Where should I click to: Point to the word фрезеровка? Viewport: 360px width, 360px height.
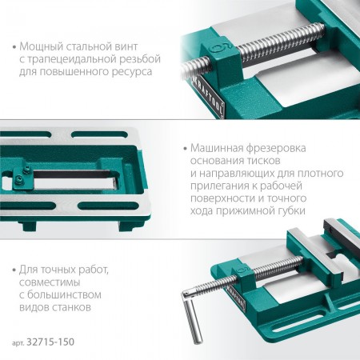click(276, 148)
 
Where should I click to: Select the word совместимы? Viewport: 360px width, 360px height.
click(50, 282)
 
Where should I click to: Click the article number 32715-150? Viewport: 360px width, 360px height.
click(50, 342)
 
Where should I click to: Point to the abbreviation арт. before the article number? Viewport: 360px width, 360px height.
click(18, 343)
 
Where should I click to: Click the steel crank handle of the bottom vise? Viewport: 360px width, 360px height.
click(191, 317)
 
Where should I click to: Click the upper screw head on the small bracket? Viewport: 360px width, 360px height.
click(26, 170)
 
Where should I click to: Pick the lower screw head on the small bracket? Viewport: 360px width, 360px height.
click(18, 179)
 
